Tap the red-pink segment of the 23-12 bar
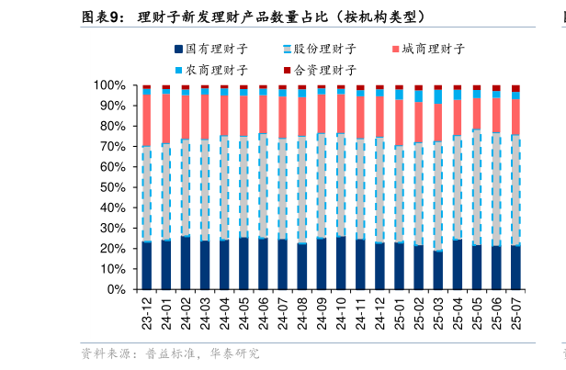pos(146,120)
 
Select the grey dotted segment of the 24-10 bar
pos(341,185)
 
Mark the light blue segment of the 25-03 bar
pos(438,96)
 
